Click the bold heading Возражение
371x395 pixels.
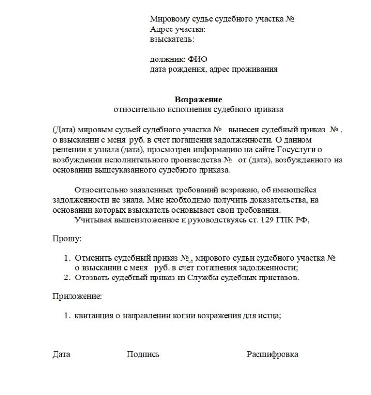(198, 100)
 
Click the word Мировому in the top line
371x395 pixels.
(168, 19)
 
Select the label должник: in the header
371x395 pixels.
(167, 59)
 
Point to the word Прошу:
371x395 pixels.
(67, 238)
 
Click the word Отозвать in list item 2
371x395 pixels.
(91, 278)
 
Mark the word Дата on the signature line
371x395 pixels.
(61, 354)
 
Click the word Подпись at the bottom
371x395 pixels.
(143, 354)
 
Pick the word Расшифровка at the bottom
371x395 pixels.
(272, 354)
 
